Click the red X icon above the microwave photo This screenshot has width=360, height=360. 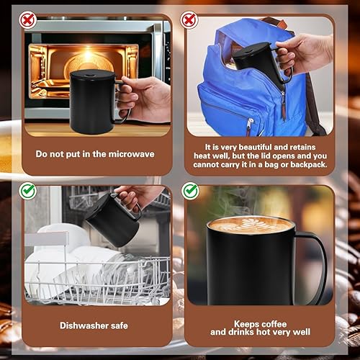point(28,20)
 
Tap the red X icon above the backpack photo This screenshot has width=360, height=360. point(189,20)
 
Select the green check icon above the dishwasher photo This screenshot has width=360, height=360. point(28,191)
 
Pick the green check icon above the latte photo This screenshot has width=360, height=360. point(190,191)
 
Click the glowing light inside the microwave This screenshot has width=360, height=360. point(89,53)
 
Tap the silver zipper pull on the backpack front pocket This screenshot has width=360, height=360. point(250,125)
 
